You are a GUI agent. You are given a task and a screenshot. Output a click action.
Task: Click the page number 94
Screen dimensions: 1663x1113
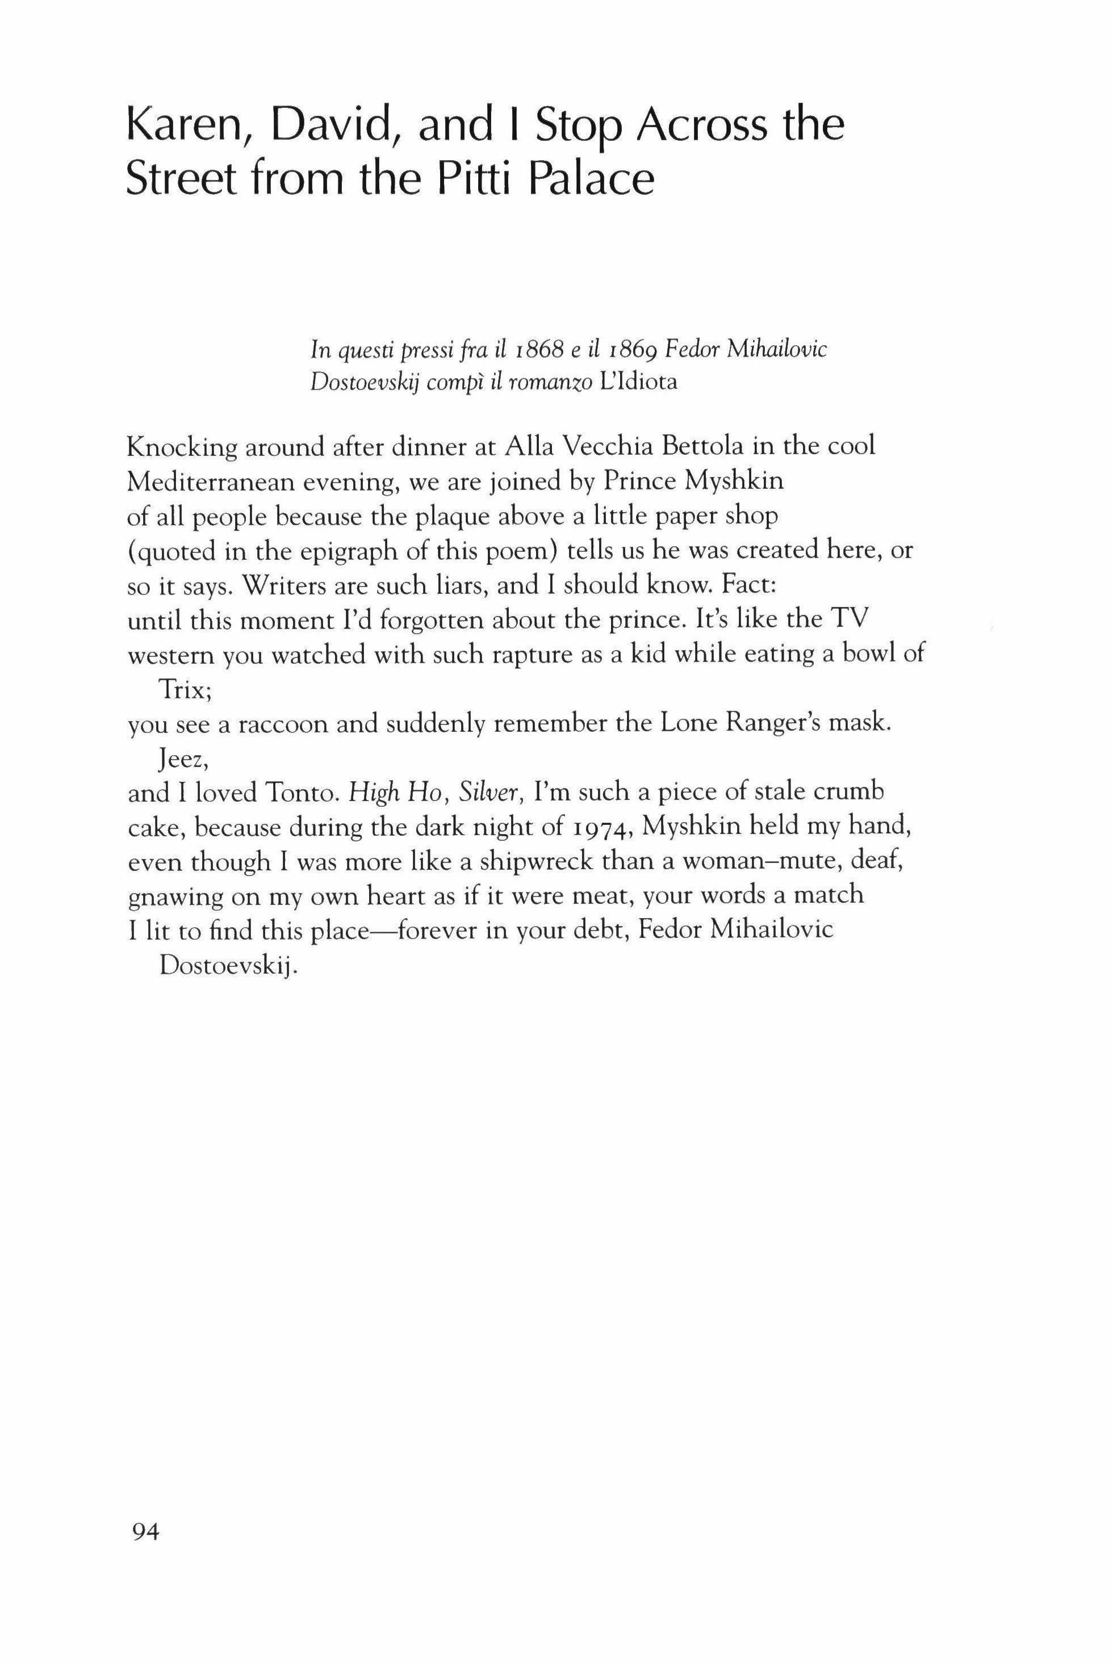coord(145,1532)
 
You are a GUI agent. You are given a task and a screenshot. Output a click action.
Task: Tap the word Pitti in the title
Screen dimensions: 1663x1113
coord(474,178)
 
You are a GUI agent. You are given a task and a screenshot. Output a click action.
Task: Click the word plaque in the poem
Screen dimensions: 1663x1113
coord(452,516)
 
